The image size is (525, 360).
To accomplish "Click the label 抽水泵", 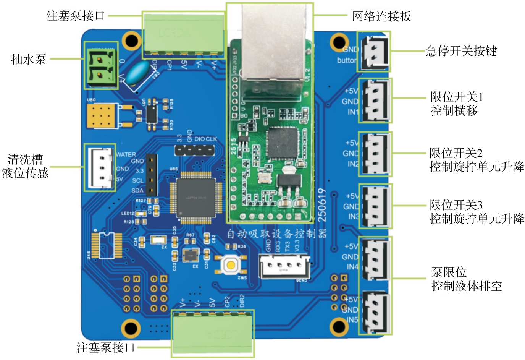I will (29, 59).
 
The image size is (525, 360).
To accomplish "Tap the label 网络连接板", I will (381, 16).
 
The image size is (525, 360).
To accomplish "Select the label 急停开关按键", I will (461, 51).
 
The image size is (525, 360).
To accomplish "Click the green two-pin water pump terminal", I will (101, 66).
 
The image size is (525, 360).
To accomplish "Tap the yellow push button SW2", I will (231, 264).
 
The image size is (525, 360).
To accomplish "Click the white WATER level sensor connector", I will (100, 168).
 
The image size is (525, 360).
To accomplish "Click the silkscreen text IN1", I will (353, 112).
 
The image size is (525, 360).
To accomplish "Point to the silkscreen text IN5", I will (352, 319).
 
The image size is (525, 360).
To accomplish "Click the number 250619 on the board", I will (323, 205).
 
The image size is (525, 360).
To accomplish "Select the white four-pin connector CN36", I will (284, 266).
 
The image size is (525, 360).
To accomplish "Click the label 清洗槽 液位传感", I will (25, 166).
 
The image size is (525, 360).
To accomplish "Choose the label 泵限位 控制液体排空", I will (466, 279).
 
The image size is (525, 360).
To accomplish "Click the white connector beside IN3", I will (375, 206).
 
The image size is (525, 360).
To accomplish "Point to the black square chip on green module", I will (283, 143).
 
